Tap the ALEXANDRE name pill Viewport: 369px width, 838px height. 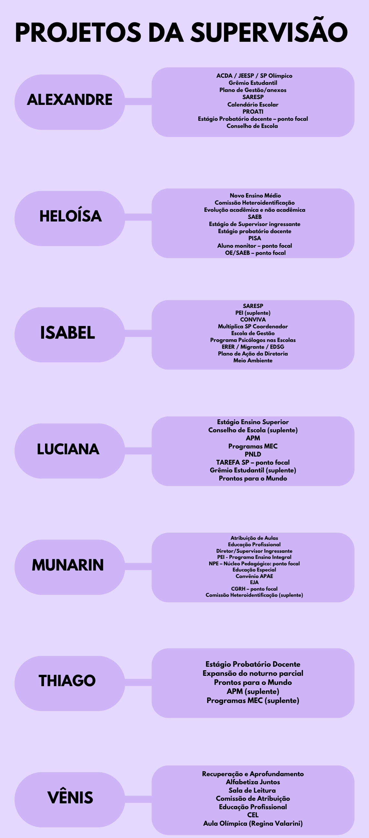click(70, 102)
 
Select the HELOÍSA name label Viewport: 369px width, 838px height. click(71, 216)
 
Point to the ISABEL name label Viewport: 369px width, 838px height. click(68, 333)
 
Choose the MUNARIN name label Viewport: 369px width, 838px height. click(68, 565)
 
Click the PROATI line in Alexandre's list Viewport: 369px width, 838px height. click(253, 112)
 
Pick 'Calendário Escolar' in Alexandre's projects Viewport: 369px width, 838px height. click(253, 104)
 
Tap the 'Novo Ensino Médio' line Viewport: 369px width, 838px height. click(255, 196)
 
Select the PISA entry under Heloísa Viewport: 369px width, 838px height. click(254, 238)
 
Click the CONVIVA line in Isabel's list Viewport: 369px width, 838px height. click(253, 320)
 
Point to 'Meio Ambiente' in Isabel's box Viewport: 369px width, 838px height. click(253, 360)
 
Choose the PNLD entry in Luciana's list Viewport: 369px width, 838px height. click(253, 454)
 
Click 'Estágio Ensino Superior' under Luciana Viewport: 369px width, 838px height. click(253, 422)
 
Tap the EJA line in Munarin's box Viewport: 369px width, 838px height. click(254, 582)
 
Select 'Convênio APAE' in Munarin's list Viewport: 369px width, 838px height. click(254, 576)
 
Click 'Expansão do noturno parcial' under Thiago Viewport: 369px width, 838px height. click(253, 673)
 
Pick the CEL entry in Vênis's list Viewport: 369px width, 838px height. click(253, 815)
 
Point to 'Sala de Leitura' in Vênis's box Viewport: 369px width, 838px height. click(252, 790)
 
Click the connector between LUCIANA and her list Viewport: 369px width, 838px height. click(138, 450)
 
